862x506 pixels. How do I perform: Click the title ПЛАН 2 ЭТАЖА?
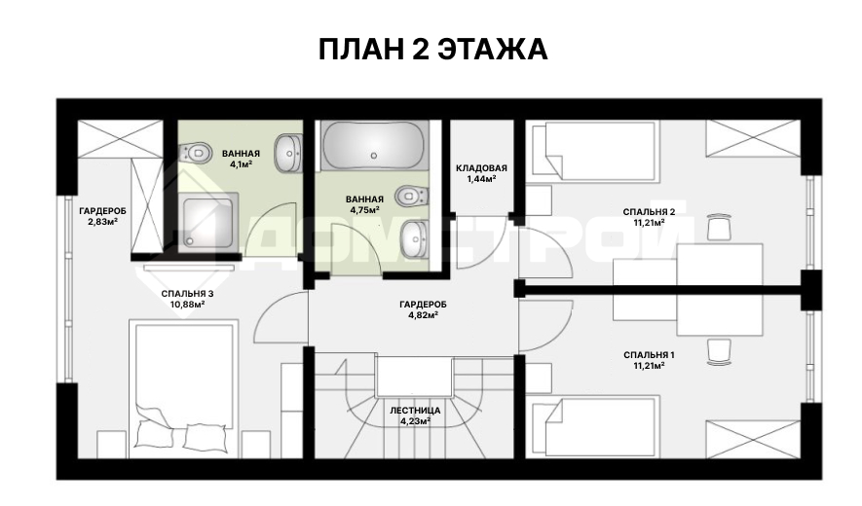click(x=433, y=50)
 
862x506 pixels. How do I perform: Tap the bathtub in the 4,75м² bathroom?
click(x=374, y=146)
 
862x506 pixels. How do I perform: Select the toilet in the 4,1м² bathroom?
click(x=195, y=152)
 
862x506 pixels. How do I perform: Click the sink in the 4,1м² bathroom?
click(x=288, y=154)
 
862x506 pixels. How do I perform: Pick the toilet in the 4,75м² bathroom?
click(x=413, y=195)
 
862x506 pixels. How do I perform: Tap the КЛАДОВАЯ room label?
click(x=481, y=168)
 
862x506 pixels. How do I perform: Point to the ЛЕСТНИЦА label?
click(x=415, y=411)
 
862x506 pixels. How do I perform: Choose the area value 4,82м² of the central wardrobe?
click(x=423, y=315)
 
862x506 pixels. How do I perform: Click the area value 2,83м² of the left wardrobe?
click(x=103, y=222)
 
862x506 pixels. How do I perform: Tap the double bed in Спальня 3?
click(x=184, y=388)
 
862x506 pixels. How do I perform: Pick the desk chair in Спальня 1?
click(x=719, y=351)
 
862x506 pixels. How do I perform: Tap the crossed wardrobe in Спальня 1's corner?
click(x=753, y=439)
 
